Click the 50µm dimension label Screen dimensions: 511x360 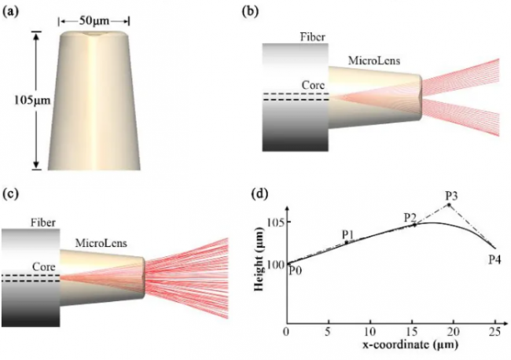point(94,21)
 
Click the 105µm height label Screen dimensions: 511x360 point(32,101)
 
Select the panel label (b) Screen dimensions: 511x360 point(250,11)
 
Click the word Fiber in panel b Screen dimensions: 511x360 point(313,37)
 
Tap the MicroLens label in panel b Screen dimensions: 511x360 point(374,61)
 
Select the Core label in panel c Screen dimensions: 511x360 point(44,266)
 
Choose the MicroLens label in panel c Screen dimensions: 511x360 point(101,243)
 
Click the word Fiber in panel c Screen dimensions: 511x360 point(43,223)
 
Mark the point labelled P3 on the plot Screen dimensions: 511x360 point(449,205)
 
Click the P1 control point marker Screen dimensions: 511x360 point(347,242)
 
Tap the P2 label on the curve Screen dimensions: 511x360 point(410,217)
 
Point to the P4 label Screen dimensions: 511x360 point(495,259)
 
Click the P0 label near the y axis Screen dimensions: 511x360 point(296,270)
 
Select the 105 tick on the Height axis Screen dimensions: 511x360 point(274,223)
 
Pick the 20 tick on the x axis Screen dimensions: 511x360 point(454,332)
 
